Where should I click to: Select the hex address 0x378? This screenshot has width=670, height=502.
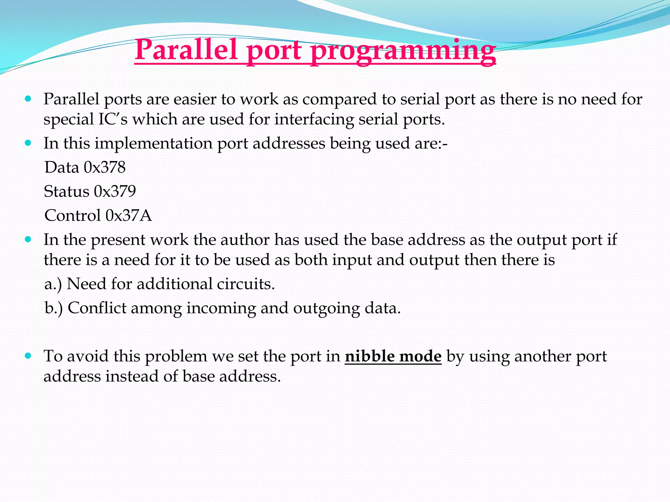coord(105,167)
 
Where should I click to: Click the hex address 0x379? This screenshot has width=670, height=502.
coord(115,192)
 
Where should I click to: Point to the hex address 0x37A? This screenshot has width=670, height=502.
coord(129,216)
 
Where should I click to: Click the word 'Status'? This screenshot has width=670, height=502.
coord(66,192)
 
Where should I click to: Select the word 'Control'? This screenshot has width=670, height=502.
coord(72,216)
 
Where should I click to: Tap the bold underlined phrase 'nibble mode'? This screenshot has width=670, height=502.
coord(393,356)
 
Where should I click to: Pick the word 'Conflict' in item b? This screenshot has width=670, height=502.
coord(97,308)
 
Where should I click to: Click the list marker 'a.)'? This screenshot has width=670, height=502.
coord(53,284)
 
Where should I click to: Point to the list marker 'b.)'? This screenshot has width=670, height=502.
coord(54,308)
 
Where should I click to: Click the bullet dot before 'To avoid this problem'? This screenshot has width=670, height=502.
coord(28,356)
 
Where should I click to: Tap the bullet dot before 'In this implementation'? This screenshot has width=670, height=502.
coord(28,143)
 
